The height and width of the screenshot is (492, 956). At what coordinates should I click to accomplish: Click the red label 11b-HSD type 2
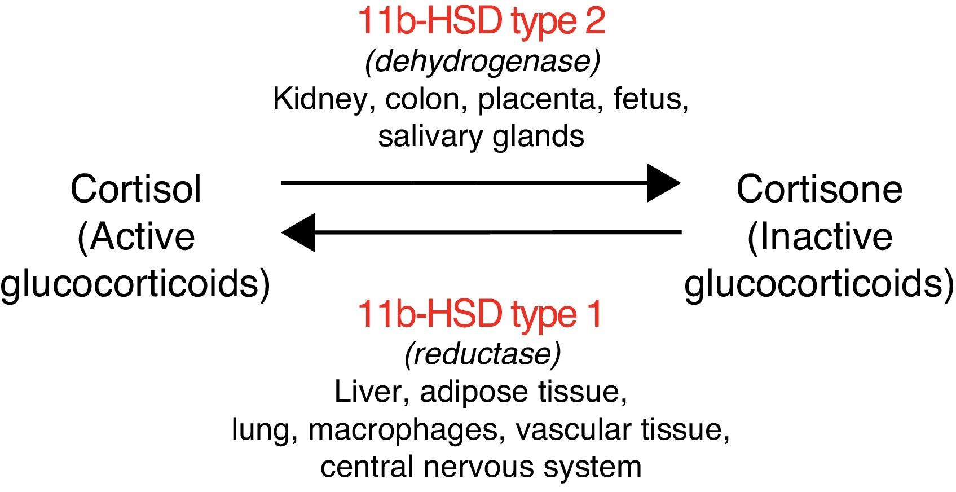(481, 21)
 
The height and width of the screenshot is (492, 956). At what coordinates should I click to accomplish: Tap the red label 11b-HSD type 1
(480, 314)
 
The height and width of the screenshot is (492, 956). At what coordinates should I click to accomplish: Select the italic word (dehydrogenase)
(482, 61)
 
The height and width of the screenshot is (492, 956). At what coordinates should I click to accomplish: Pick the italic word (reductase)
(482, 354)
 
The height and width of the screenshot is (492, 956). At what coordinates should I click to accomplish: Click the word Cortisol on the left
(135, 189)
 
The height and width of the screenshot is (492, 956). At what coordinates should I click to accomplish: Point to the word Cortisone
(819, 189)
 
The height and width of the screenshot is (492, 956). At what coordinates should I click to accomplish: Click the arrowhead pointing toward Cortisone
(664, 183)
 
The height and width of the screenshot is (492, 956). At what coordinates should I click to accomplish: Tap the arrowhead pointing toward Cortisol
(298, 232)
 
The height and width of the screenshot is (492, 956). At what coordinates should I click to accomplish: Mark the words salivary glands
(481, 137)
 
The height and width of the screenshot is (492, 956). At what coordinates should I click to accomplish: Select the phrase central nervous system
(481, 467)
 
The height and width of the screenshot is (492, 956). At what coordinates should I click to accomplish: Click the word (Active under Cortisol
(135, 236)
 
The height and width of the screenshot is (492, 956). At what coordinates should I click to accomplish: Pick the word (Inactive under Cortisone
(819, 236)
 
